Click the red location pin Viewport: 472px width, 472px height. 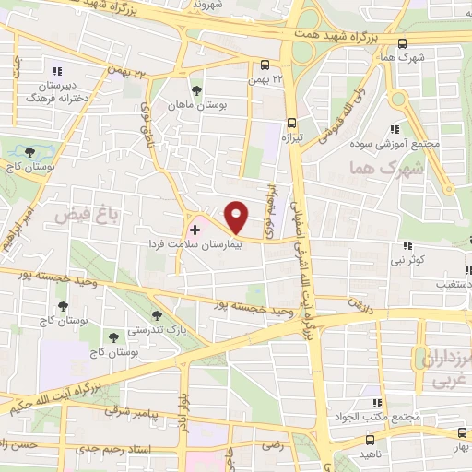point(237,217)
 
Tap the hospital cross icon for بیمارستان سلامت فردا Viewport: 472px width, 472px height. point(195,227)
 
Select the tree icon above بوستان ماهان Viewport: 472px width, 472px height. point(195,89)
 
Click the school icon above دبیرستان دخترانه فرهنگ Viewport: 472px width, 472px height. point(57,70)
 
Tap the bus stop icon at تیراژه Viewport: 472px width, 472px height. point(291,122)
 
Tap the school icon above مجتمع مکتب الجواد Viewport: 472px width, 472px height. point(376,403)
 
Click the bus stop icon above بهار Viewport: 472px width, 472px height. point(462,432)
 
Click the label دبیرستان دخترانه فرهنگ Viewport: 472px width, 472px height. point(57,89)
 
